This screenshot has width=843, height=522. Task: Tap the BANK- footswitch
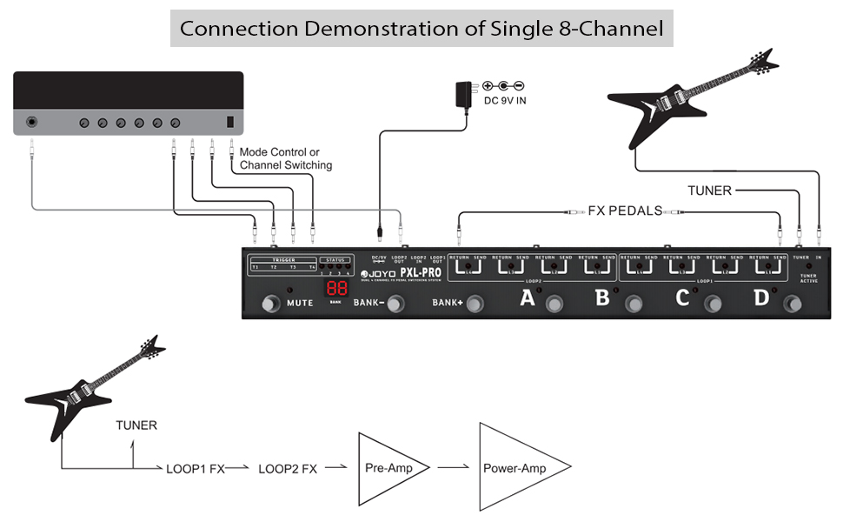pos(395,304)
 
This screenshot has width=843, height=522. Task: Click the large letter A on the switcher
pos(527,299)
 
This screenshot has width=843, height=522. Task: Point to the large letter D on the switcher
pos(761,298)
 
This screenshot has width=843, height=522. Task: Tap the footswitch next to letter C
pos(714,304)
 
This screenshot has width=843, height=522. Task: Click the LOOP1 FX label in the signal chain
pos(196,469)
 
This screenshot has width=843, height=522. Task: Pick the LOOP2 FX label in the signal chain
pos(288,469)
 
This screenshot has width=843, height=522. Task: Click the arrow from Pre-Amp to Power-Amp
pos(455,468)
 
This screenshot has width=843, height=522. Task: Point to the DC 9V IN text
pos(504,101)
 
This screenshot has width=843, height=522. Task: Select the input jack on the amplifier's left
pos(33,122)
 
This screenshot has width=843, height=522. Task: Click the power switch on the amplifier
pos(230,123)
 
